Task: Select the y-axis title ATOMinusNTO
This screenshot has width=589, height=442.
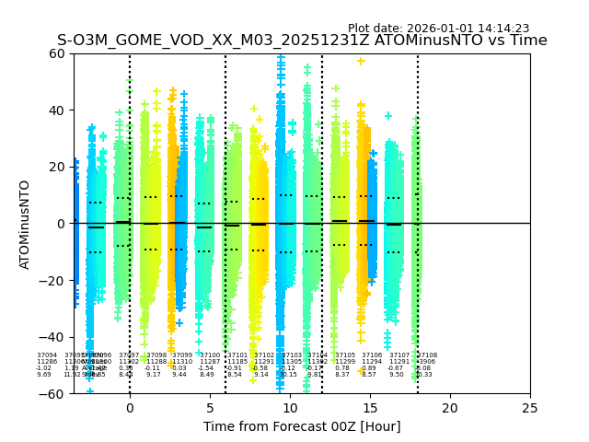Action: pos(25,224)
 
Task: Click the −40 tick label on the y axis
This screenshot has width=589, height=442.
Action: pos(53,337)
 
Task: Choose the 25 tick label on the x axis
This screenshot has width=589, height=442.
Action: pos(530,408)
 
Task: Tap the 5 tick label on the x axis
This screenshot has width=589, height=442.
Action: pos(210,408)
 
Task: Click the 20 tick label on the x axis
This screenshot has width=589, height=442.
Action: pos(450,408)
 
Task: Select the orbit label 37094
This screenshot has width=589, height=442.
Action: pos(47,355)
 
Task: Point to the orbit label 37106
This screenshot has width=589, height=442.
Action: pos(372,355)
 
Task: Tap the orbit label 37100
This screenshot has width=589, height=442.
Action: pos(210,355)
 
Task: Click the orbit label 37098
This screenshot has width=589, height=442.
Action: pos(156,355)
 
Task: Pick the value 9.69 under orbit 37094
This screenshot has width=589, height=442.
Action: pos(44,375)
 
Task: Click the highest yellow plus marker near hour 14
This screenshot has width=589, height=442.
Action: pos(361,62)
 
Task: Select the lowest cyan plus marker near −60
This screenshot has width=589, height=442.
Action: pos(90,390)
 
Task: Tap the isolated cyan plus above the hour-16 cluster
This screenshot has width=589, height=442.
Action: pos(388,116)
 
